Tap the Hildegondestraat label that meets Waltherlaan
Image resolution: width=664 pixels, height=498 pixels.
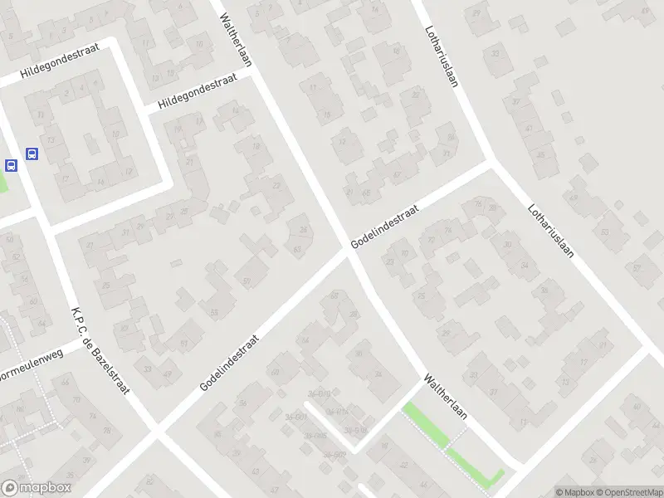click(198, 90)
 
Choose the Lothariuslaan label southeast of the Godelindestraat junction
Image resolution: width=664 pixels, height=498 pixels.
click(554, 223)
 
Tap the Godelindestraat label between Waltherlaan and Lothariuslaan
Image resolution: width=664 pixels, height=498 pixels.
click(384, 227)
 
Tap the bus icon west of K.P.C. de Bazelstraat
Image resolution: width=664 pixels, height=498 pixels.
click(12, 165)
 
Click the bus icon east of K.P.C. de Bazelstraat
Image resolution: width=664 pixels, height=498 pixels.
click(32, 154)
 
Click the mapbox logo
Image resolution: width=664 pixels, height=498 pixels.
click(36, 488)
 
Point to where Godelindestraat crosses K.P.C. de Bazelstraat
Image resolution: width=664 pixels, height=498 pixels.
click(156, 429)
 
